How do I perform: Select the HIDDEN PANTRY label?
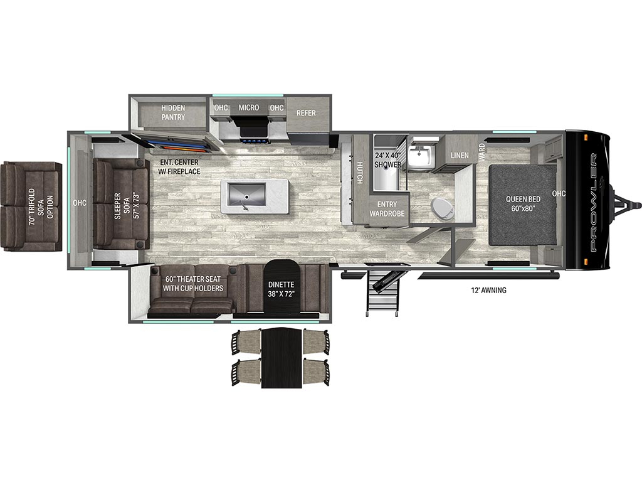(x=173, y=112)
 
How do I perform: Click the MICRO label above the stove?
(x=249, y=107)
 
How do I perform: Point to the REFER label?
(x=306, y=113)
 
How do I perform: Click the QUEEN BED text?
(x=523, y=199)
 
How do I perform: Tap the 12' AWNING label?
(x=488, y=290)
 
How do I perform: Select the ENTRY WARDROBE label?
(x=387, y=208)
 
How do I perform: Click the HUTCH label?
(x=359, y=173)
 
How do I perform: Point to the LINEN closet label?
(x=460, y=156)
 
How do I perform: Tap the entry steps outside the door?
(x=382, y=291)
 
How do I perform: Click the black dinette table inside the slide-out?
(x=282, y=286)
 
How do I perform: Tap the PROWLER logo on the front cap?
(x=594, y=203)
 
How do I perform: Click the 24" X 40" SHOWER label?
(x=387, y=160)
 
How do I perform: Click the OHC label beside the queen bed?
(x=559, y=193)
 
